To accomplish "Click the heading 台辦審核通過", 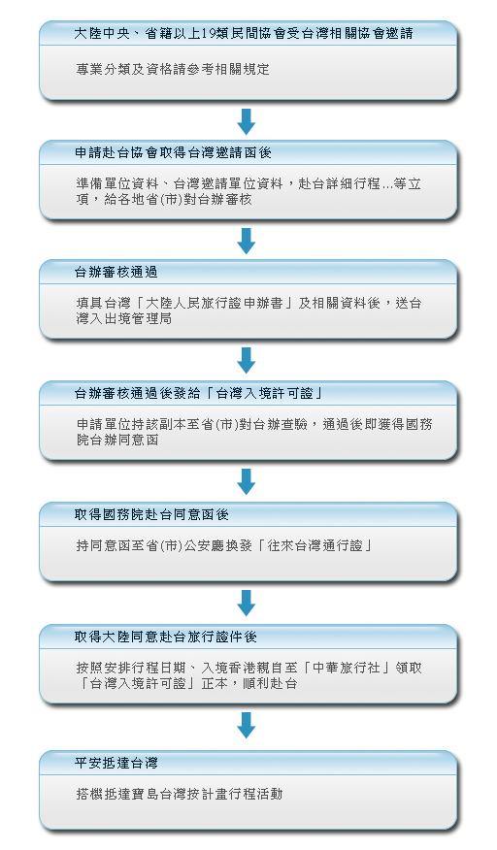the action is [x=116, y=272].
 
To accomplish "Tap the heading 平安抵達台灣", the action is [x=116, y=764].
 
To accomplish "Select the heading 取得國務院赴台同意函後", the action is [x=151, y=514].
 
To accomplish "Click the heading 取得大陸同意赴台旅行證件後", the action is [x=165, y=637].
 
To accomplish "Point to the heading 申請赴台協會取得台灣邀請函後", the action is [x=173, y=153].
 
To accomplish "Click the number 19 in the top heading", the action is [x=208, y=34].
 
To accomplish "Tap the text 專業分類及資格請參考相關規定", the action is [x=173, y=70].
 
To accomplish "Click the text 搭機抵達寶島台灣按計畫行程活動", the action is [x=180, y=794].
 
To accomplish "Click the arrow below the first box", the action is [x=247, y=121].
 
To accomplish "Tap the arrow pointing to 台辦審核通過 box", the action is [x=247, y=241].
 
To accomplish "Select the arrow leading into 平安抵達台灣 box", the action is [x=247, y=726].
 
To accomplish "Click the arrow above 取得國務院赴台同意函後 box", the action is [x=247, y=481].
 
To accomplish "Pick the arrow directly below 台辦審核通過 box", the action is [x=247, y=360].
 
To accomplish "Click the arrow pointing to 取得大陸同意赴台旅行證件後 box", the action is [x=247, y=603].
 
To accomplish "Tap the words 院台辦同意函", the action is [x=117, y=440].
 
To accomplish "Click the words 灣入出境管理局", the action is [x=124, y=318].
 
